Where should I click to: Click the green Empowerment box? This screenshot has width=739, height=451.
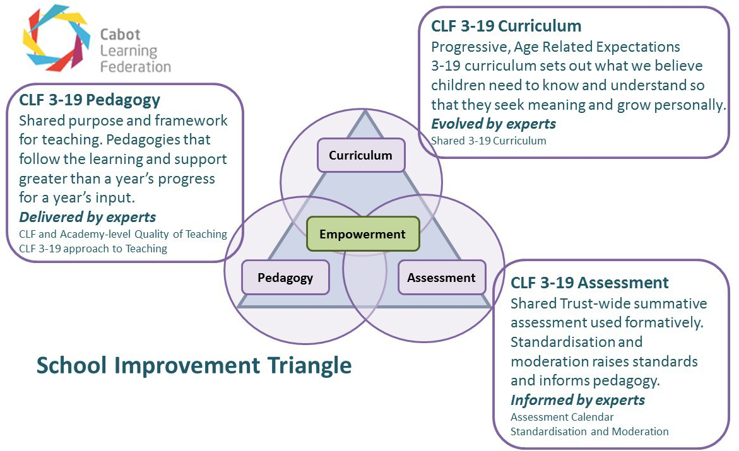(362, 234)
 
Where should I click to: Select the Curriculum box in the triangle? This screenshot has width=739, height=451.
(360, 155)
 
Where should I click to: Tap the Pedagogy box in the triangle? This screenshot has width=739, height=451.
(285, 278)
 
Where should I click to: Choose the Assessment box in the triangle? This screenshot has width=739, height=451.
(441, 278)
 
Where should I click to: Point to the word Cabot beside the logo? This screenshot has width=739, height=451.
(120, 35)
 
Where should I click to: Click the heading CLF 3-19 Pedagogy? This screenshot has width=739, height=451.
(90, 100)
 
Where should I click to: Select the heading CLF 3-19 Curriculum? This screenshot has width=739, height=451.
(506, 26)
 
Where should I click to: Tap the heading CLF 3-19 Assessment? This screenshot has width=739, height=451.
(589, 282)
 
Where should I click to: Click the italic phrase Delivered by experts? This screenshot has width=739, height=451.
(87, 218)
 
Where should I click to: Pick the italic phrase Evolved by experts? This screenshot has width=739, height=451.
(494, 124)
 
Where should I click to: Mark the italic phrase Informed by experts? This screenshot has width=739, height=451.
(577, 400)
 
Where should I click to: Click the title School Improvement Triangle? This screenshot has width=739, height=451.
(194, 365)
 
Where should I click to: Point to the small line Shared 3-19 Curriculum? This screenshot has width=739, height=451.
(488, 141)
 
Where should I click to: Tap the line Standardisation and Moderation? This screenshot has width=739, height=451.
(589, 431)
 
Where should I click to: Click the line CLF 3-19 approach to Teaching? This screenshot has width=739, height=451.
(93, 249)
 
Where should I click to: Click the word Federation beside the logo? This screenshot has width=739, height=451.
(136, 66)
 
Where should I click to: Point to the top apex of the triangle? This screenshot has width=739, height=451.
(365, 112)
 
